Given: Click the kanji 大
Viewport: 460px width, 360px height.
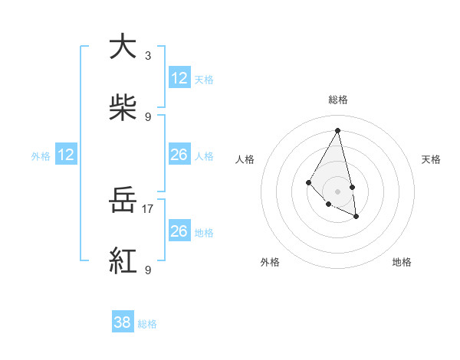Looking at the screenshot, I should coord(123,47).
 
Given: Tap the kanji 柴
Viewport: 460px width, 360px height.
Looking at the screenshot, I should coord(123,108).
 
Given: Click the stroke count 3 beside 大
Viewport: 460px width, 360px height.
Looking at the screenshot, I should coord(148,56).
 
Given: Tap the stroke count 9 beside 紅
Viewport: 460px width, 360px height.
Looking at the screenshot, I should coord(148,270).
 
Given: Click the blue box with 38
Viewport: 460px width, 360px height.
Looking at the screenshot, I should coord(123,323).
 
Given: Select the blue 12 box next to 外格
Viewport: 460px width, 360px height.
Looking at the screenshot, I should coord(66,155).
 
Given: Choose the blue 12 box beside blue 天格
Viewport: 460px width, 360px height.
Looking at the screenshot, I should coord(179,78).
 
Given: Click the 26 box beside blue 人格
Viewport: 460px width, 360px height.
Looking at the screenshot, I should coord(179,155).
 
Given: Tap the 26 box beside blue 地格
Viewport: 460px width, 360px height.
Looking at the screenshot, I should coord(179,231).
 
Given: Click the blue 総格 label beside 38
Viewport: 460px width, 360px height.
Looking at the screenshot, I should coord(147,324).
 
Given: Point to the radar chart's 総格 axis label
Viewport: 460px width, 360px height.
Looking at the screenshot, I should coord(338,100).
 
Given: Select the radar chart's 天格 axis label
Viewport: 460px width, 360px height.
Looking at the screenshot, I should coord(431,159).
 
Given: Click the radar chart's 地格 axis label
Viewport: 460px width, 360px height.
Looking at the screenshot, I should coord(402,262).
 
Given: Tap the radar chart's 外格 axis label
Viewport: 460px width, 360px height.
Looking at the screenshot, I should coord(270,262).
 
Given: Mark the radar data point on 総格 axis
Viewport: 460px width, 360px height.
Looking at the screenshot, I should coord(338,130).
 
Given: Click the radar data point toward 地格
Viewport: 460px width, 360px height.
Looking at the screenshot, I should coord(356,217).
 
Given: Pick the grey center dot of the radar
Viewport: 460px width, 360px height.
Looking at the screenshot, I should coord(338,191).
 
